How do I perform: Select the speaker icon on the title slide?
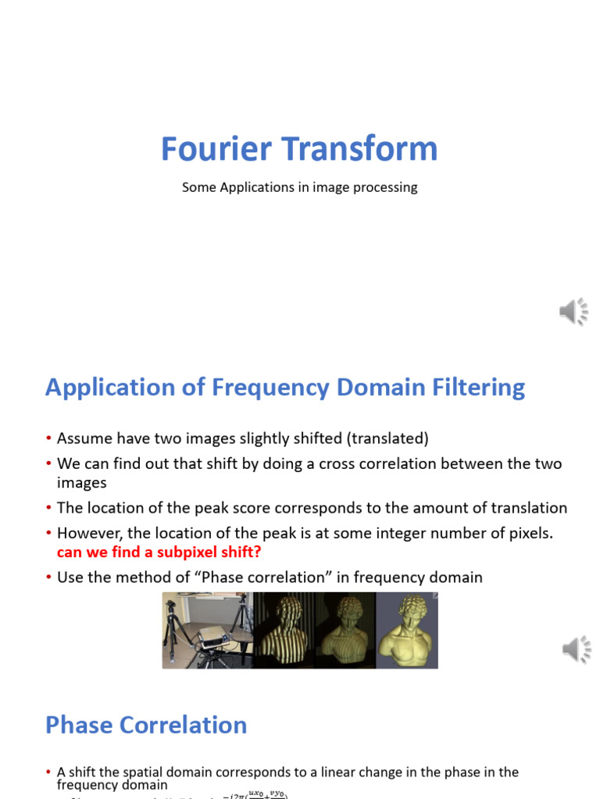(573, 312)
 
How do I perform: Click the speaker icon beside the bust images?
(575, 649)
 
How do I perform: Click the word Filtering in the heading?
(480, 388)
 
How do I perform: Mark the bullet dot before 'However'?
(49, 534)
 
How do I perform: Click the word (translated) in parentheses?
(389, 439)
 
